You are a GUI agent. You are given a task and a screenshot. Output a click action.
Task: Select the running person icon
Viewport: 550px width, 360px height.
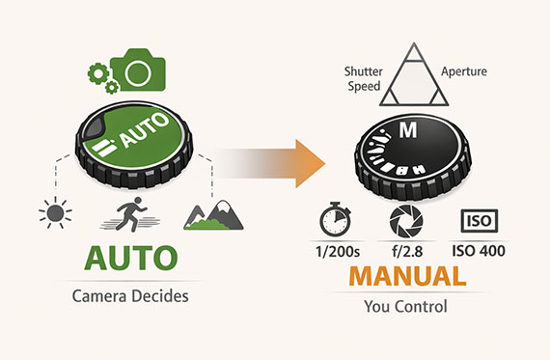tap(128, 213)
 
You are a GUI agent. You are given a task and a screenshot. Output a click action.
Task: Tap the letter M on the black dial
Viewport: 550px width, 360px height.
tap(409, 129)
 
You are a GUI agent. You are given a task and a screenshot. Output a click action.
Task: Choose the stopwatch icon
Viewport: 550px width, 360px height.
tap(334, 220)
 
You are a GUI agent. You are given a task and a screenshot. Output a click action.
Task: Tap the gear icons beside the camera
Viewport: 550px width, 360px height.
tap(101, 77)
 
